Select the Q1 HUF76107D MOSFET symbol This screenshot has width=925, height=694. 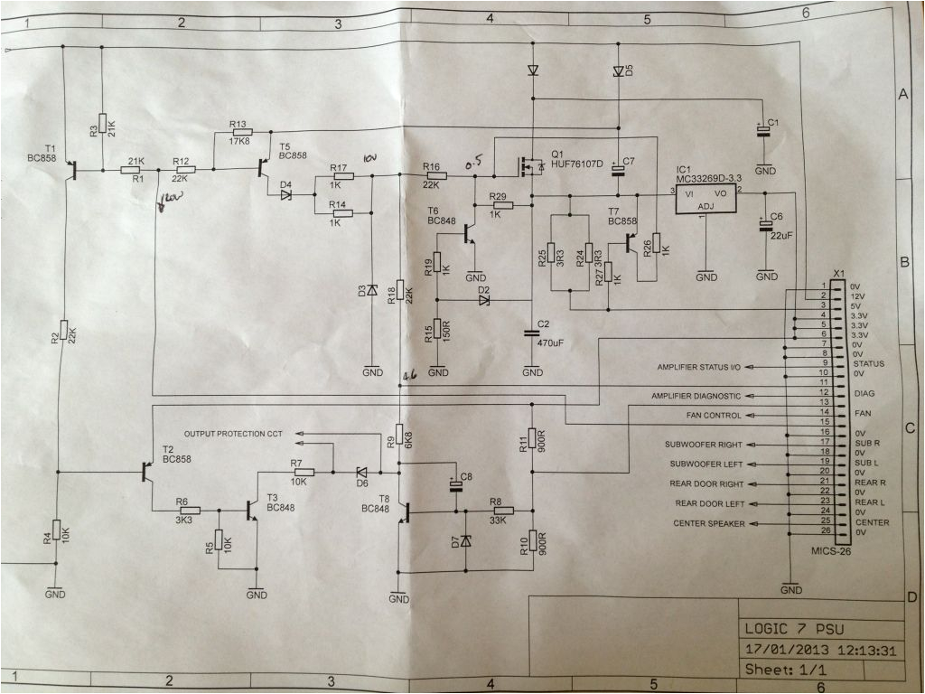point(528,165)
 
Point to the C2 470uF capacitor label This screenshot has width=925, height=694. point(549,333)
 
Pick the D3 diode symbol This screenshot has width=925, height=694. point(371,292)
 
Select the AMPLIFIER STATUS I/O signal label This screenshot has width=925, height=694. point(698,367)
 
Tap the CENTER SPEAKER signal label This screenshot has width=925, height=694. point(705,523)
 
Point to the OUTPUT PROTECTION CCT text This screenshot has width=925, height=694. point(233,435)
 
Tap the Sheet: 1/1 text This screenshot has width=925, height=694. point(783,670)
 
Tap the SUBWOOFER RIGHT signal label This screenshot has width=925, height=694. point(704,445)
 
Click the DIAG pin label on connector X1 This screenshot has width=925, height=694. point(864,393)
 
